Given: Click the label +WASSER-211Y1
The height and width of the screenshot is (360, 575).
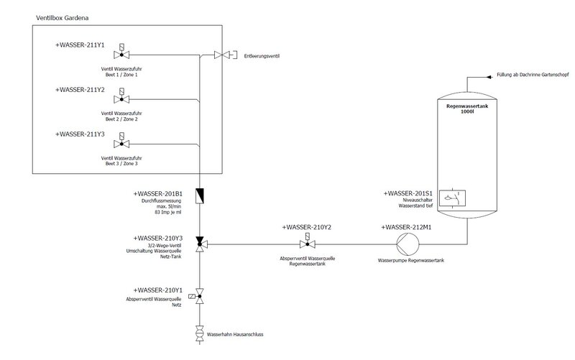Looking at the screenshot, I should coord(80,45).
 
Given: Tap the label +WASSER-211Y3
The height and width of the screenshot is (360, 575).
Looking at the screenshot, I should coord(80,134).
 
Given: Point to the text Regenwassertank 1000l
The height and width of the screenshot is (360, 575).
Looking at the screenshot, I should coord(466,109).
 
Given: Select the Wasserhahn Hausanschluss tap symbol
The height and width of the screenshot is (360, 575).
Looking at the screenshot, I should coord(200,333).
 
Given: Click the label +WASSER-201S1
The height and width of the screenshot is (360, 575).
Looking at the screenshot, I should coord(408,193).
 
